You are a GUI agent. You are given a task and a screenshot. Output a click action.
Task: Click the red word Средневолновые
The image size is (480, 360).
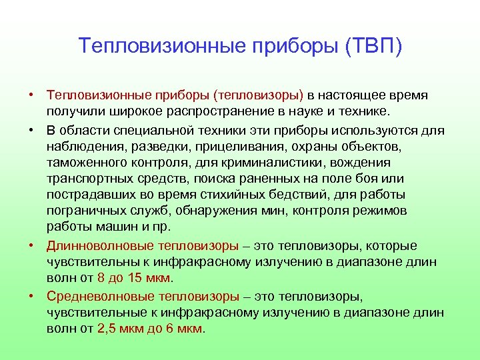[x=97, y=296]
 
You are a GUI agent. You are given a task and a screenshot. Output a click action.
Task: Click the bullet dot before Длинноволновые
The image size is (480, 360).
[x=31, y=245]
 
